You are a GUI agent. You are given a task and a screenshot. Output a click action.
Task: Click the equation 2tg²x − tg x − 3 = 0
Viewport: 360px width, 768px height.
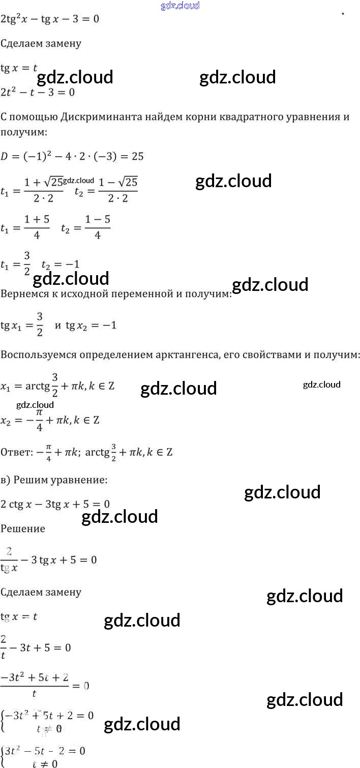50,19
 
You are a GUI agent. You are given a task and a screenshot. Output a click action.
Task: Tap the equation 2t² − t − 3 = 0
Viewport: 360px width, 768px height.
38,92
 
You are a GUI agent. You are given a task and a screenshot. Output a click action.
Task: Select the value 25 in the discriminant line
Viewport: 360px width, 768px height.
137,156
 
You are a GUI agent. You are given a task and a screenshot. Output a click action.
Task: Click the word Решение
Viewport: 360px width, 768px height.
23,528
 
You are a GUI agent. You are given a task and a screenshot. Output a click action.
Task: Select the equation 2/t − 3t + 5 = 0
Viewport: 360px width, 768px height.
36,647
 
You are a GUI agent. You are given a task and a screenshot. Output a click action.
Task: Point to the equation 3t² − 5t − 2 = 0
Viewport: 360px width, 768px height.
45,750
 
